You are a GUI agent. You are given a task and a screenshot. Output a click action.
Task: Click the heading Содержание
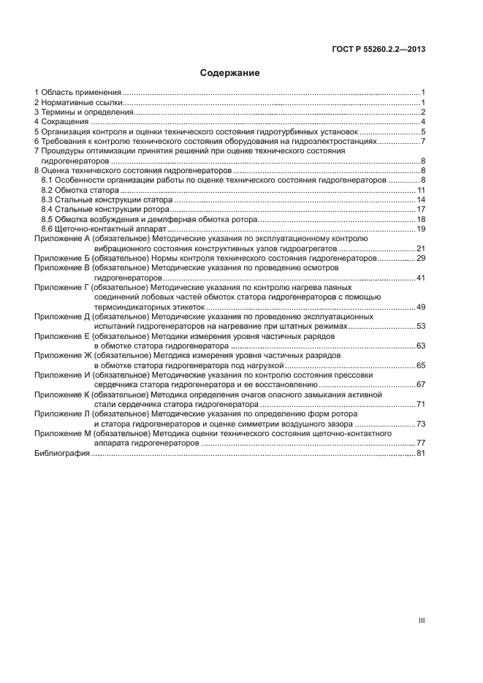[x=230, y=73]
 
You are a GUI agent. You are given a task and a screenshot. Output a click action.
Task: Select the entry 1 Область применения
[x=77, y=93]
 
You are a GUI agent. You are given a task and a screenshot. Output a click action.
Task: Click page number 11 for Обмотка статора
[x=421, y=190]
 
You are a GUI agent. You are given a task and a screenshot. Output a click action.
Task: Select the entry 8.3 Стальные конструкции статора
[x=107, y=199]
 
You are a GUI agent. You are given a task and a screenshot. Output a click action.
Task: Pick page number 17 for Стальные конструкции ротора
[x=421, y=209]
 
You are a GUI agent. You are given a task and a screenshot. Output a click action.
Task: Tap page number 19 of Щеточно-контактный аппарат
[x=421, y=229]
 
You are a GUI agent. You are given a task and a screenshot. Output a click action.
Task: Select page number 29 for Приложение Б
[x=421, y=259]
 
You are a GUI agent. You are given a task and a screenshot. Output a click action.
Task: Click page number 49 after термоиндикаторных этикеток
[x=421, y=307]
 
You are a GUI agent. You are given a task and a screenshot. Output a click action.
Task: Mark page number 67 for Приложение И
[x=421, y=384]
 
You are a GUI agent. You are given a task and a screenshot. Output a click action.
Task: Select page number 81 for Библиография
[x=421, y=454]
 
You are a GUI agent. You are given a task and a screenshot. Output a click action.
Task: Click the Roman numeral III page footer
[x=422, y=620]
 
